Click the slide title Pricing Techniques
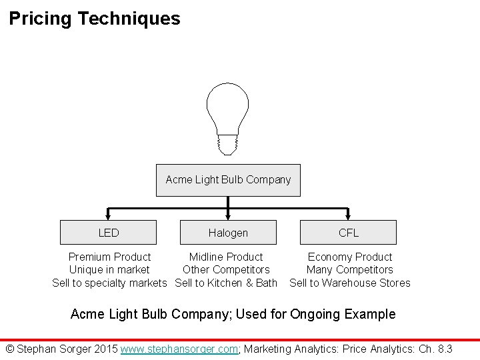point(95,19)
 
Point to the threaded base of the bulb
point(228,142)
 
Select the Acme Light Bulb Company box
point(228,180)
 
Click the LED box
point(109,233)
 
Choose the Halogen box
point(228,233)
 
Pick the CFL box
point(348,233)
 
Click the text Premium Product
point(109,257)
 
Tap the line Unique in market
point(109,270)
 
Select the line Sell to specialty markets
point(109,283)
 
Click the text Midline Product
point(226,257)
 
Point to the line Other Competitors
point(226,270)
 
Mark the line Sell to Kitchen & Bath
point(226,283)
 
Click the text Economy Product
point(350,257)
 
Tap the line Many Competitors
point(350,270)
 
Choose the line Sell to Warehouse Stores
point(350,283)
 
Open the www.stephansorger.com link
point(179,349)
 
